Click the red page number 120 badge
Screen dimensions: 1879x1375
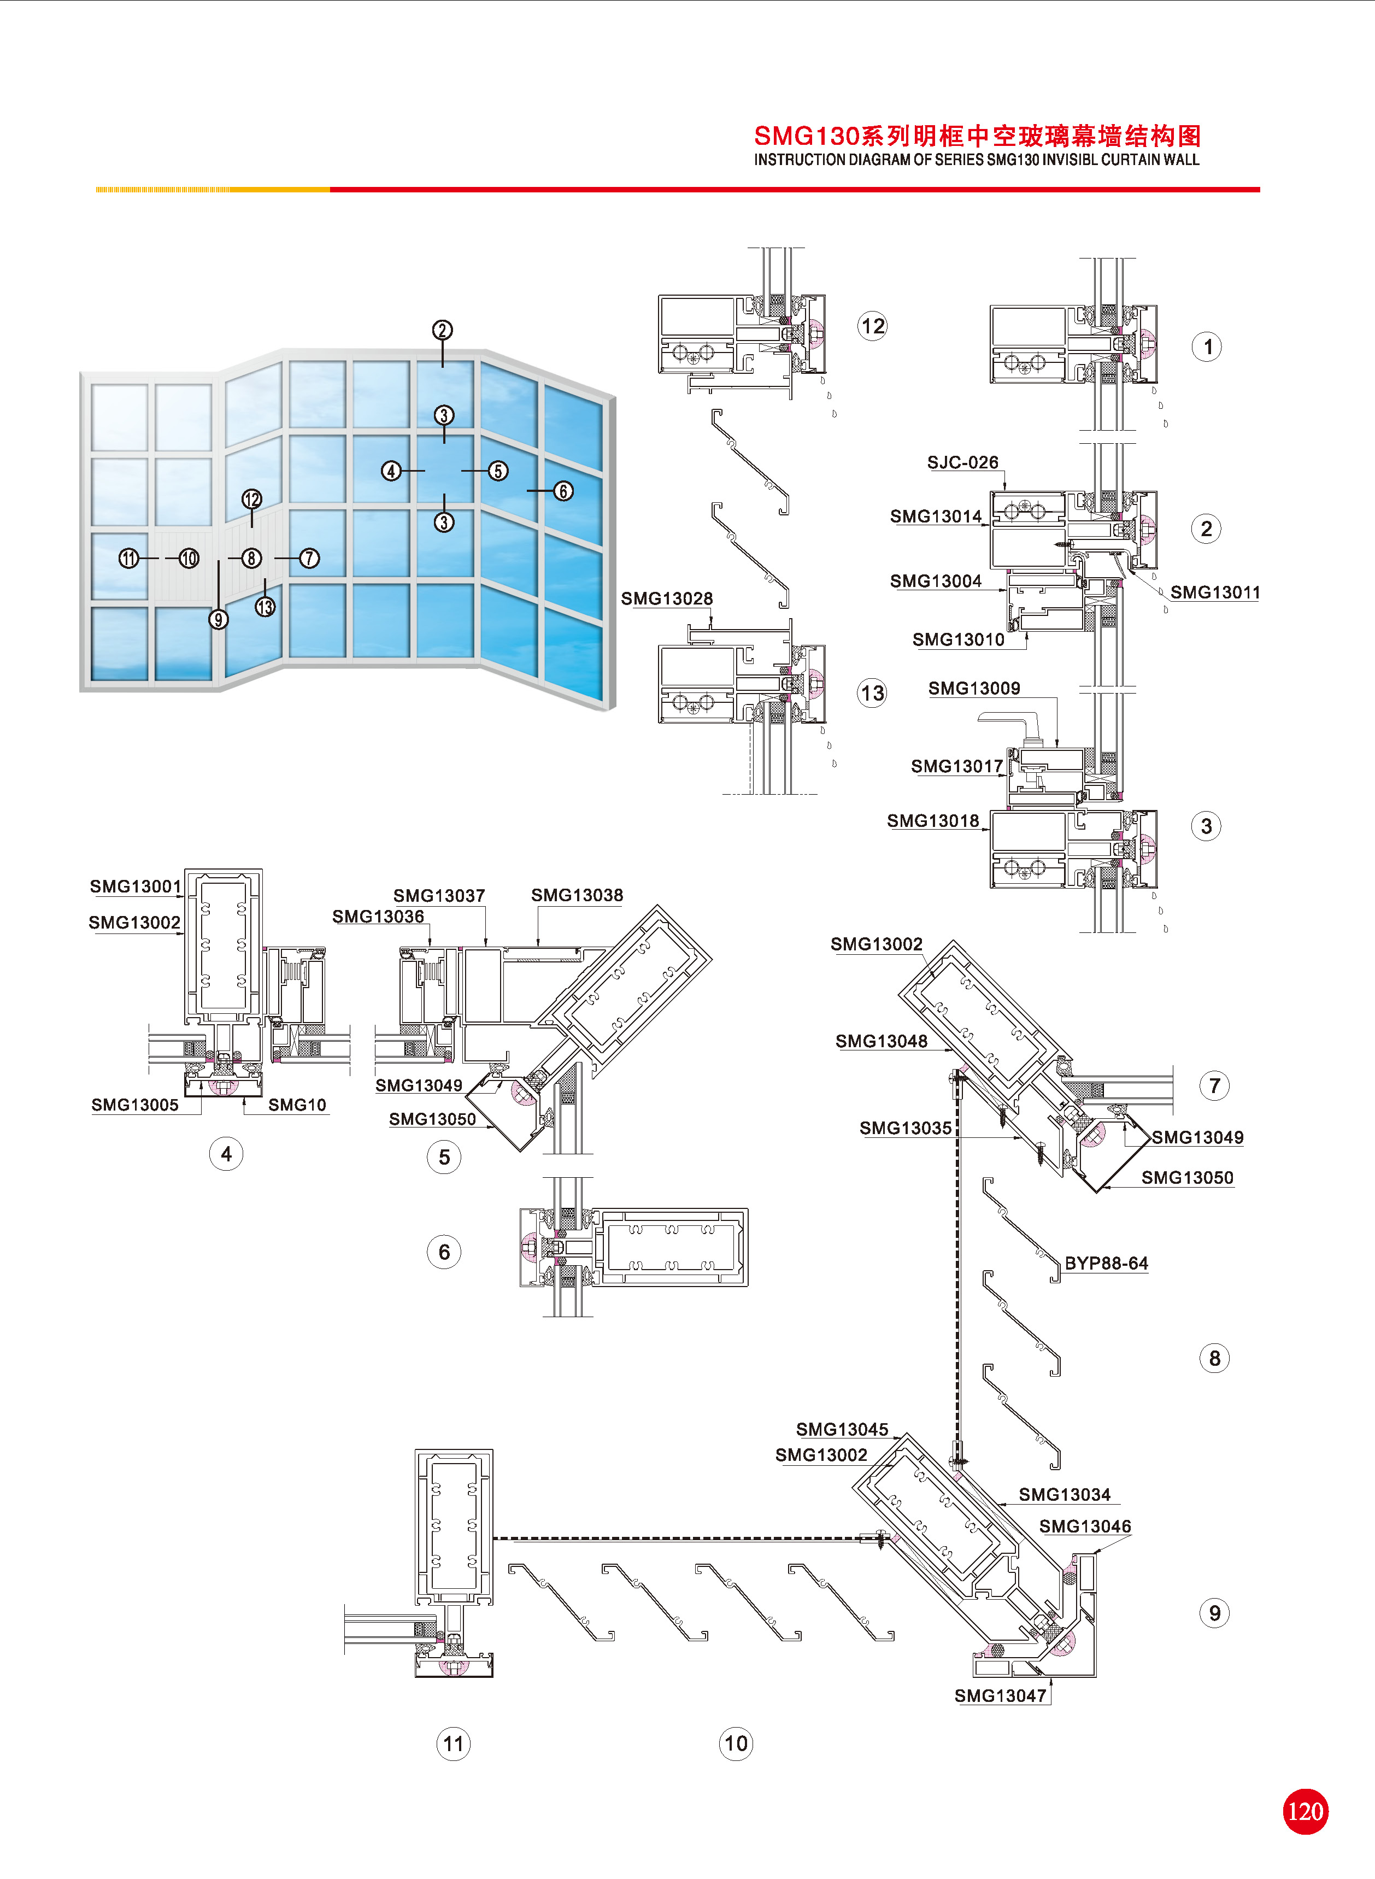click(1305, 1811)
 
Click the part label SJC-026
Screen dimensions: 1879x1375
click(962, 463)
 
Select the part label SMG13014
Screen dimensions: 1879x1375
click(936, 517)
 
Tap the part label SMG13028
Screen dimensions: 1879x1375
click(667, 598)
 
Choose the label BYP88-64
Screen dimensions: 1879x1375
click(1106, 1263)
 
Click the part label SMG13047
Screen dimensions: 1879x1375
click(1000, 1695)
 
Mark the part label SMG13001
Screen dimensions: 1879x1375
click(135, 886)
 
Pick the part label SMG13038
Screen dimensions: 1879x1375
click(577, 895)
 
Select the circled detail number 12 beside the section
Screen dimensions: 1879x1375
click(872, 326)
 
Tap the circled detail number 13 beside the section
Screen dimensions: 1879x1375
click(872, 693)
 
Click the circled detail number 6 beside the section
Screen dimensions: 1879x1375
click(444, 1252)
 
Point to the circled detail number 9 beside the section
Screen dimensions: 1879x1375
click(1214, 1613)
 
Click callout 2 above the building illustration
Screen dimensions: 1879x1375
click(442, 330)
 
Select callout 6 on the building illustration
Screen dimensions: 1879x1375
click(563, 491)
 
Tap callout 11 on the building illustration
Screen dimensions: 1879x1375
click(128, 559)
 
